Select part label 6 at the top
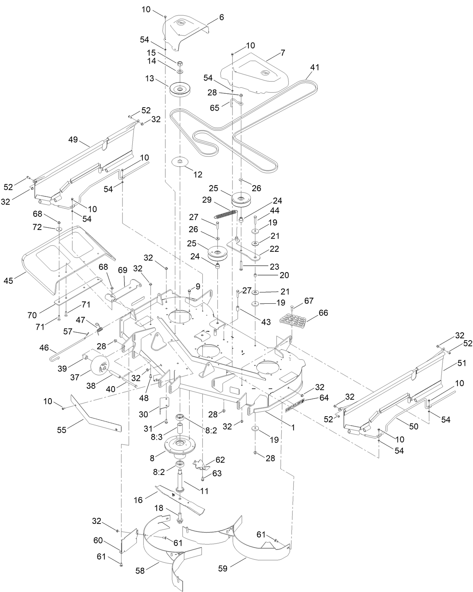click(x=221, y=17)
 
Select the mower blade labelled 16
click(x=180, y=499)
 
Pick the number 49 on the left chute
click(x=73, y=140)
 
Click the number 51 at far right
click(x=461, y=363)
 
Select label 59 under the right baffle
click(x=223, y=568)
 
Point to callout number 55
click(x=62, y=429)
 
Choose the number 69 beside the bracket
click(x=123, y=271)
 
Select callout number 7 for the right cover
click(x=282, y=53)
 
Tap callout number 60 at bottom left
click(x=98, y=540)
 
